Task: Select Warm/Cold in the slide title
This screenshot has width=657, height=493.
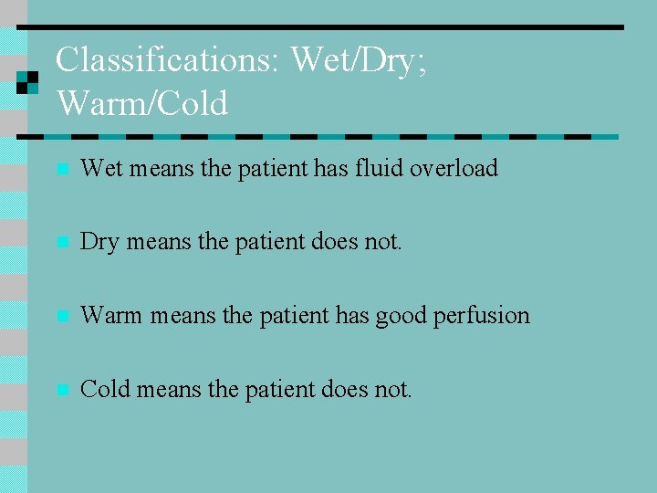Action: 142,103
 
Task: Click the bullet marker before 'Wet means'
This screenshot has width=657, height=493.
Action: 61,170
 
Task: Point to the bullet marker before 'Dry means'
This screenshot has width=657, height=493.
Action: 61,244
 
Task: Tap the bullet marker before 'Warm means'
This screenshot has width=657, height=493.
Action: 61,317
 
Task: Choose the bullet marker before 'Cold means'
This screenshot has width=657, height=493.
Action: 61,391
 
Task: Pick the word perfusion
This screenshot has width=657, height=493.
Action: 484,315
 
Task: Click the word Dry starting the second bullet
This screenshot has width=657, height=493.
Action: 99,243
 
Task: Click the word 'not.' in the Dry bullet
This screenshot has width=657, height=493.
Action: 383,242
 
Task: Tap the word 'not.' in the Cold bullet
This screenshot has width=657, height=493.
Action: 393,389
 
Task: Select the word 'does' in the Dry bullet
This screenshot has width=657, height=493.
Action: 337,242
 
